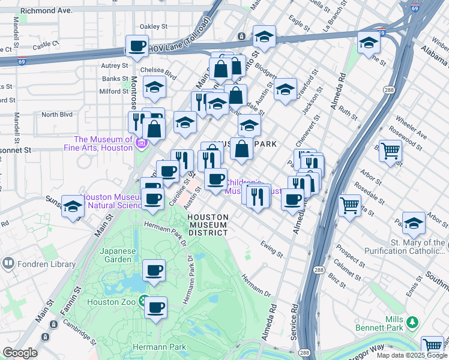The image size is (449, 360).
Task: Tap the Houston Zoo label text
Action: point(111,302)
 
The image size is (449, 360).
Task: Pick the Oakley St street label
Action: point(153,26)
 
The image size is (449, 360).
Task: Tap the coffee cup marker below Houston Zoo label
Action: point(156,308)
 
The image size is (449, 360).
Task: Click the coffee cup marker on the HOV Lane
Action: point(137,46)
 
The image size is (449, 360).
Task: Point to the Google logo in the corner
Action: point(20,353)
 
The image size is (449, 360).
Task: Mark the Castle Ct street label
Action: point(46,44)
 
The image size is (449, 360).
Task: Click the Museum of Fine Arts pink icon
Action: point(142,143)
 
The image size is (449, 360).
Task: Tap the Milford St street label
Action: point(110,91)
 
